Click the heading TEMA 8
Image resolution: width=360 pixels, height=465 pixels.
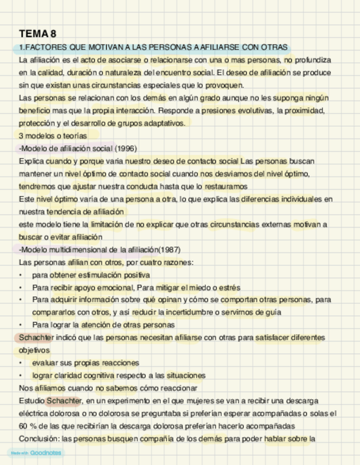[x=37, y=34]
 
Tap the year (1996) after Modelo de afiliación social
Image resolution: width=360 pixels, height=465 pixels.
[x=126, y=149]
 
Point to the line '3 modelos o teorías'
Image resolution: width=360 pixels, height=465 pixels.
[x=53, y=136]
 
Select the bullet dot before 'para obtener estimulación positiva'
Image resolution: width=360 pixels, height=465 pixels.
[x=21, y=275]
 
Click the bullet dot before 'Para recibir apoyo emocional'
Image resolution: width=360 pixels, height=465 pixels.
[x=21, y=288]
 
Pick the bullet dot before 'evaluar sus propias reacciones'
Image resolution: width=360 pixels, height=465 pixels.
[x=21, y=363]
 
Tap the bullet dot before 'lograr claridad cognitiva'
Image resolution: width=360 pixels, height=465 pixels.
[x=21, y=376]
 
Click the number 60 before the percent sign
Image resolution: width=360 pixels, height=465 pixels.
[x=24, y=426]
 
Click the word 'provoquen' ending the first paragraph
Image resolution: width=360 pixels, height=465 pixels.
[x=224, y=86]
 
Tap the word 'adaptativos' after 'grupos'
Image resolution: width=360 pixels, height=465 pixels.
[x=163, y=123]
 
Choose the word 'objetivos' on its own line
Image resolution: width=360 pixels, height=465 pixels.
[x=34, y=350]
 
